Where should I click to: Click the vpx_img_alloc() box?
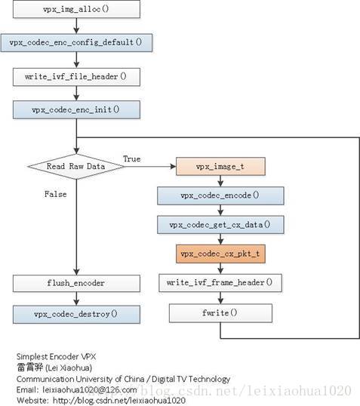click(x=76, y=9)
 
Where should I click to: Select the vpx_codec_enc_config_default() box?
click(x=76, y=43)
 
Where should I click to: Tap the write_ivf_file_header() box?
click(x=76, y=77)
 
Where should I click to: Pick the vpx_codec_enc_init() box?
click(x=76, y=109)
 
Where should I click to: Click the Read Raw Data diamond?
click(x=76, y=167)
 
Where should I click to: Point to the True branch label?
click(x=132, y=158)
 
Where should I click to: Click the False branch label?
click(x=55, y=194)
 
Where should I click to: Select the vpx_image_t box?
click(x=220, y=167)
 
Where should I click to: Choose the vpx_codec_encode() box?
click(x=220, y=195)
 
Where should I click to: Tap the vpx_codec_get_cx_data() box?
click(x=220, y=225)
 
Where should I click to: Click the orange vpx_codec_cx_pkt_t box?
click(x=220, y=254)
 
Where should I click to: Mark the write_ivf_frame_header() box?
click(x=220, y=283)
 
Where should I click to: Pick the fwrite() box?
click(x=220, y=313)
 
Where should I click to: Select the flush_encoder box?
click(x=76, y=283)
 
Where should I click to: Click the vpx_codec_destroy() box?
click(x=76, y=315)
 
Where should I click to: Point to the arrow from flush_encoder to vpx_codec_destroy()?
click(x=76, y=299)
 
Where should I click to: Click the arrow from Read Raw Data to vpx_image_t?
click(x=150, y=167)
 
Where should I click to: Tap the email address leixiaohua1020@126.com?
click(x=90, y=389)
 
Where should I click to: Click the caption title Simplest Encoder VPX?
click(x=56, y=356)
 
